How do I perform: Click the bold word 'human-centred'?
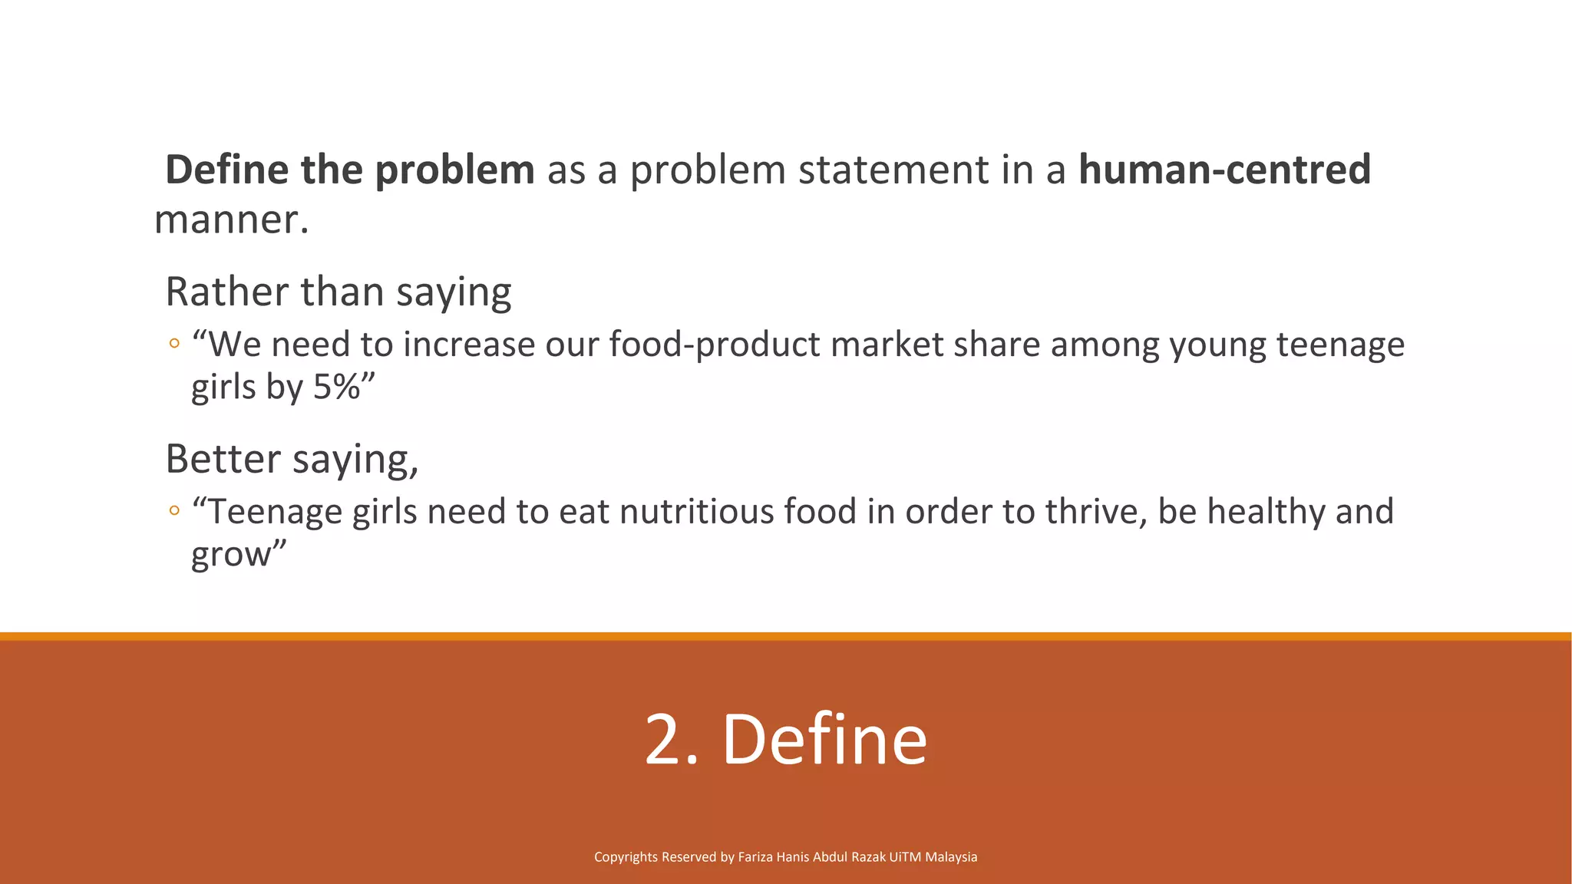coord(1224,170)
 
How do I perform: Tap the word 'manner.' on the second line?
coord(231,219)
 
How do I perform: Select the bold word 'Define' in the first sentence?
coord(227,170)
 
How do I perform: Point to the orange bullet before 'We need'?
coord(174,344)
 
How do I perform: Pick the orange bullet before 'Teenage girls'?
coord(174,510)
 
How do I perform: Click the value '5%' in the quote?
coord(337,387)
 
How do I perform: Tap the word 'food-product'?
coord(715,344)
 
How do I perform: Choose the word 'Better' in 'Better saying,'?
coord(223,459)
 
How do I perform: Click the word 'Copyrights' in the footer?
coord(626,857)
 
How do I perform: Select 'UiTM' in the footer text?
coord(905,857)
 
